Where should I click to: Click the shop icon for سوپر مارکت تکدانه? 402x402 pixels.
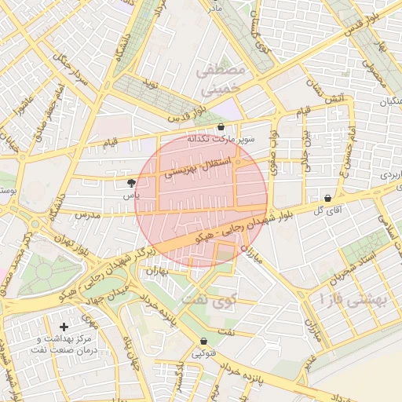[x=221, y=126]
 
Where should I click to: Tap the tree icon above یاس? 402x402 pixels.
[x=131, y=182]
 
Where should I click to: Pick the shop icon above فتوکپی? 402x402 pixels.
[x=204, y=342]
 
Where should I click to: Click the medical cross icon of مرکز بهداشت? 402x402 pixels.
[x=64, y=326]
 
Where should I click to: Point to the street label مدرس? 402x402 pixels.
[x=84, y=214]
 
